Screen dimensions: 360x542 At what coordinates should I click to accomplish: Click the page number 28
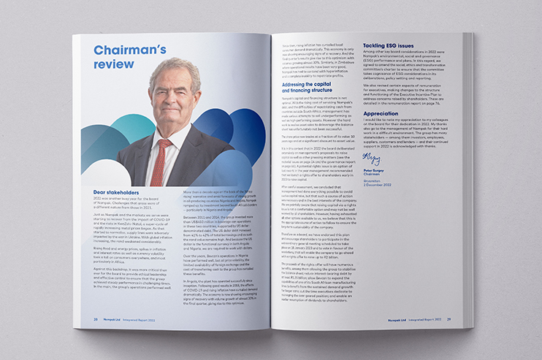tap(95, 318)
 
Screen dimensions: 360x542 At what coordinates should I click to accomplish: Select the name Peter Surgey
tap(375, 169)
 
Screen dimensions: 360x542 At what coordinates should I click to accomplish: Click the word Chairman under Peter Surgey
tap(372, 173)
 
